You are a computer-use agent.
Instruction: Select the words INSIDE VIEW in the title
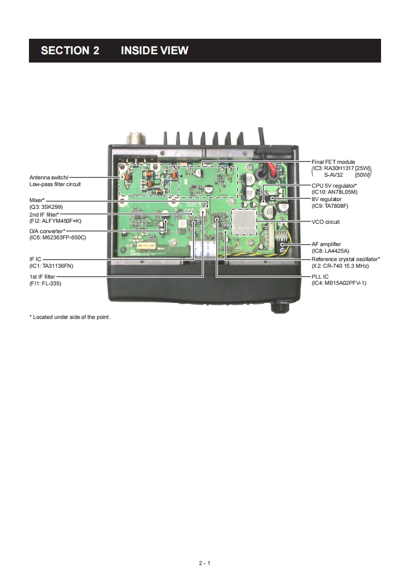(x=154, y=51)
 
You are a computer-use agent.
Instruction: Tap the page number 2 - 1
(x=205, y=563)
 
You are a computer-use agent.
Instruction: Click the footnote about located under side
(x=69, y=317)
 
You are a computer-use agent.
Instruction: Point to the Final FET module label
(x=333, y=162)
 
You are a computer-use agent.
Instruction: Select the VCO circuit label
(x=325, y=222)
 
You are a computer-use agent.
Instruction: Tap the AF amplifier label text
(x=326, y=244)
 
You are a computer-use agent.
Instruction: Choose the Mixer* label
(x=37, y=200)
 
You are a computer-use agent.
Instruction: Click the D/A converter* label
(x=47, y=231)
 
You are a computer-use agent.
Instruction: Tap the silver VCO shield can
(x=244, y=220)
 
